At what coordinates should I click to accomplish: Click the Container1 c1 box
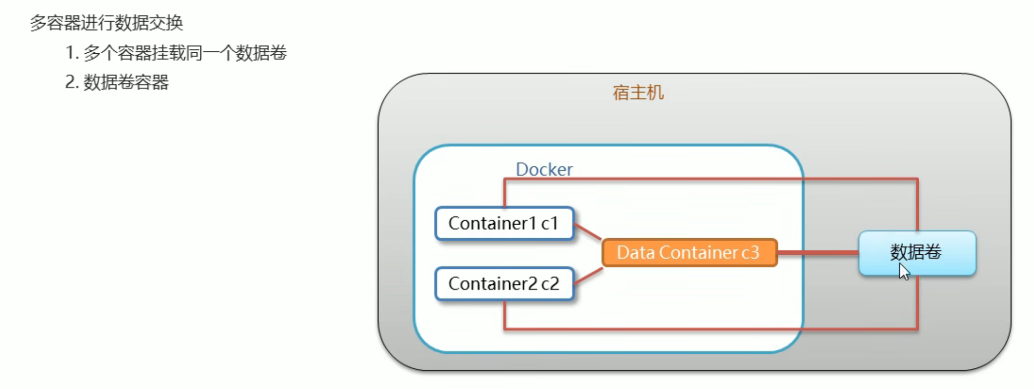[504, 224]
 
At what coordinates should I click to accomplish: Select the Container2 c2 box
[504, 284]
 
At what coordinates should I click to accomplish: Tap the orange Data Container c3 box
[689, 252]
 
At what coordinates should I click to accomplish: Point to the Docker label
[544, 169]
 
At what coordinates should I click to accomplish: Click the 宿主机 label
[638, 93]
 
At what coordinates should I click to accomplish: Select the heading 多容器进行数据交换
[106, 23]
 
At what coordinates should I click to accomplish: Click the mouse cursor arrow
[904, 271]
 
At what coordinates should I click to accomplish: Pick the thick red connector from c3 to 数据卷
[818, 252]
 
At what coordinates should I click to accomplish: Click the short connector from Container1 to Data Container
[588, 231]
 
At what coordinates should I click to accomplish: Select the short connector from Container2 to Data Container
[588, 276]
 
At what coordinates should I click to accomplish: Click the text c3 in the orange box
[750, 252]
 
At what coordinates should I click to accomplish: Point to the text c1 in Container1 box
[549, 224]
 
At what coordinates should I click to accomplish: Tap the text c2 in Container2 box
[550, 284]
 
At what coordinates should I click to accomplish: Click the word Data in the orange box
[635, 252]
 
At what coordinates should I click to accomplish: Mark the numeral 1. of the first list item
[72, 53]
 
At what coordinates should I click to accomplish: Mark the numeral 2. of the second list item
[72, 82]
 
